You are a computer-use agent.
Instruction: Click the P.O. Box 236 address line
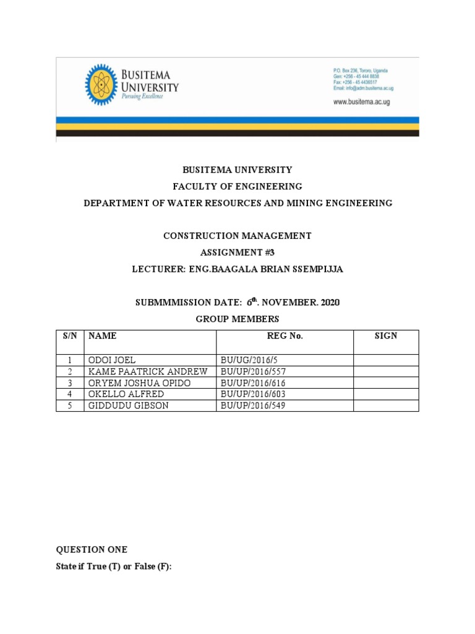(x=361, y=71)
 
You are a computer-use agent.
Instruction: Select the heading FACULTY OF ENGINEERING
(x=237, y=186)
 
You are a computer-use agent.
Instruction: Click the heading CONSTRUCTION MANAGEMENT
(x=237, y=236)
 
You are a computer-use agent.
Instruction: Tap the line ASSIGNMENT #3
(x=237, y=253)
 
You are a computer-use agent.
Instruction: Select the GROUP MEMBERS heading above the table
(x=237, y=319)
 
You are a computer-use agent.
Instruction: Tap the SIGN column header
(x=386, y=336)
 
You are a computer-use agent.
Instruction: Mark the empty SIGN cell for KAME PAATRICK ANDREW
(x=386, y=371)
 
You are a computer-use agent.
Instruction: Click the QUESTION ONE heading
(x=92, y=550)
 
